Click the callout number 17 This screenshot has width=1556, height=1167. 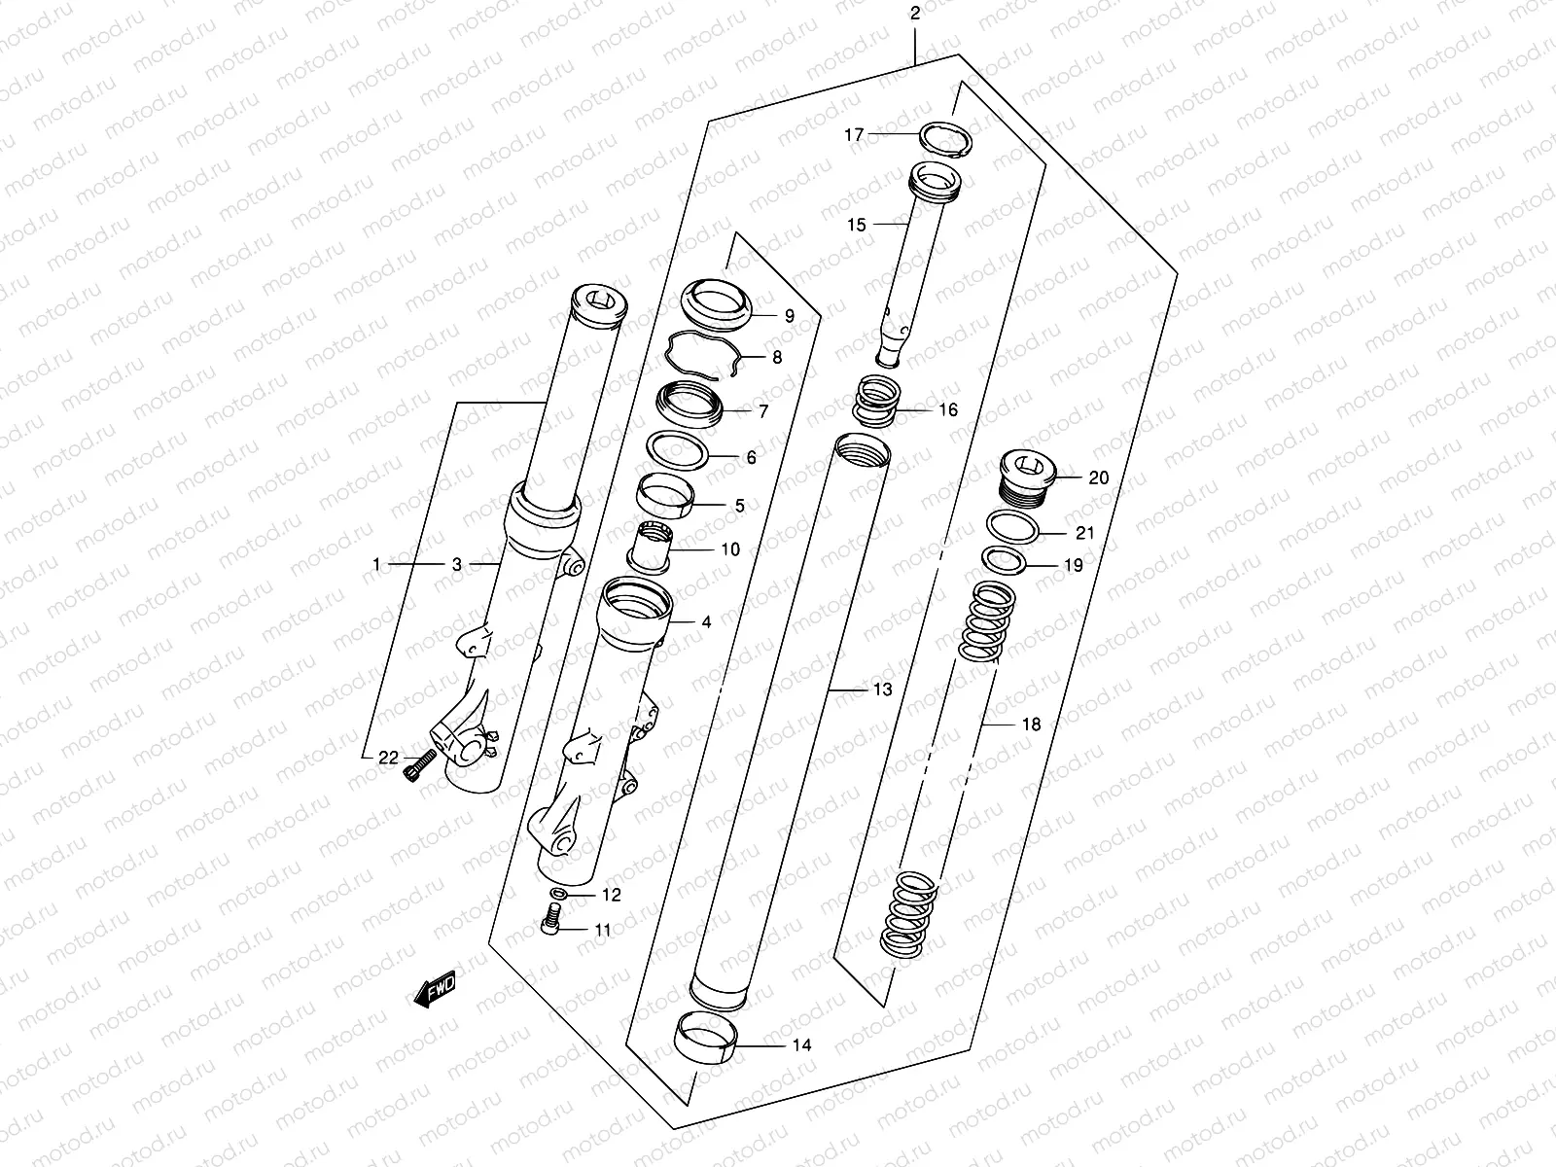click(853, 136)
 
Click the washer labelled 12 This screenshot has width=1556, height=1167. click(559, 893)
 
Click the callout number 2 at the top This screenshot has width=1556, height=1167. click(914, 14)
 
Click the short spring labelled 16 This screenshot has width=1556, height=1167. click(879, 404)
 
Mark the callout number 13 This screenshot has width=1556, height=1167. click(881, 690)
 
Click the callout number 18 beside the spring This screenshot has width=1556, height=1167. click(1031, 725)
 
